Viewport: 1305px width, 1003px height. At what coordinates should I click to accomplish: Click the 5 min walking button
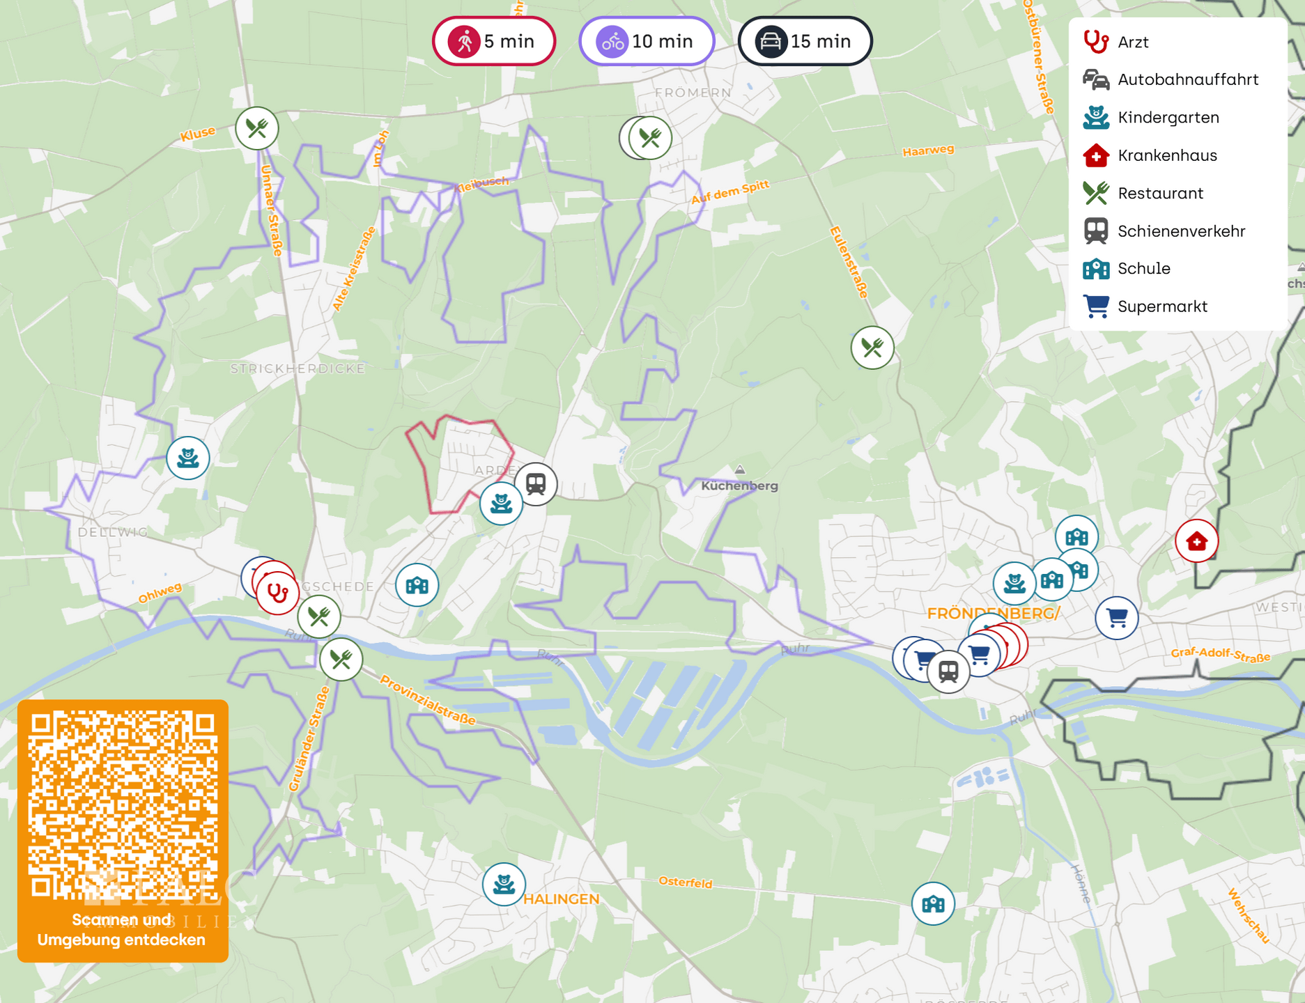493,41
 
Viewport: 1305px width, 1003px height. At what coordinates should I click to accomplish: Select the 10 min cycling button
647,41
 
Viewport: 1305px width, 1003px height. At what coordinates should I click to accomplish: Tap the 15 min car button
805,41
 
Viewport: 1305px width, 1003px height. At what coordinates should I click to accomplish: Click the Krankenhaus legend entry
1166,155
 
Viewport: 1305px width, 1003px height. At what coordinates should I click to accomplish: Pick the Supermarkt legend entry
1161,306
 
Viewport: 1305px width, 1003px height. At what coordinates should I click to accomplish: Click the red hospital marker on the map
1196,541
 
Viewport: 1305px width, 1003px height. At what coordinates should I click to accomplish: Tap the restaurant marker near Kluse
257,128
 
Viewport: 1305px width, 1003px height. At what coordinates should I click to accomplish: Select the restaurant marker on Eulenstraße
872,347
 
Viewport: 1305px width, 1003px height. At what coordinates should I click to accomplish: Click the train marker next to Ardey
536,483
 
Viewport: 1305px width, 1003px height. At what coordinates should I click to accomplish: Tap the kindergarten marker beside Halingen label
504,884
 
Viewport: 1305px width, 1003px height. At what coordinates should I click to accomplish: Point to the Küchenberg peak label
739,485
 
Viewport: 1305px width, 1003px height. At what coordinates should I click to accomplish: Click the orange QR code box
123,830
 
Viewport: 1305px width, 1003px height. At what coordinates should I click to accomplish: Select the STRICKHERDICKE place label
298,368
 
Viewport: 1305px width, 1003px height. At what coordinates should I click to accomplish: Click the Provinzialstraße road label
427,699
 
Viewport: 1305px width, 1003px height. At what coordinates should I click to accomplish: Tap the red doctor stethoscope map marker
277,593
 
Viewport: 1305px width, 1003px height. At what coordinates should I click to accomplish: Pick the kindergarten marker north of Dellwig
188,458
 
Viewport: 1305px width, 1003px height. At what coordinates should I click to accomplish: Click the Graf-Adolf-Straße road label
1220,655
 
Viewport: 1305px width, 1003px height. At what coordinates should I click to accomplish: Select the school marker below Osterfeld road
933,903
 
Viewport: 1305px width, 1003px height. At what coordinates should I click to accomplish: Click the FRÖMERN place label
693,93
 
